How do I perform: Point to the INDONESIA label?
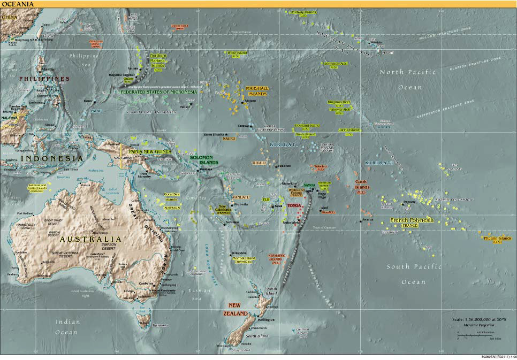click(x=52, y=159)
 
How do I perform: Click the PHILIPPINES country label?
click(x=44, y=79)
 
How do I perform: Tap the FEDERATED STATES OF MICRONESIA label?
click(x=158, y=91)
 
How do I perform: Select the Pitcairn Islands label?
click(x=497, y=239)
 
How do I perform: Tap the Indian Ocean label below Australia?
click(x=68, y=327)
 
